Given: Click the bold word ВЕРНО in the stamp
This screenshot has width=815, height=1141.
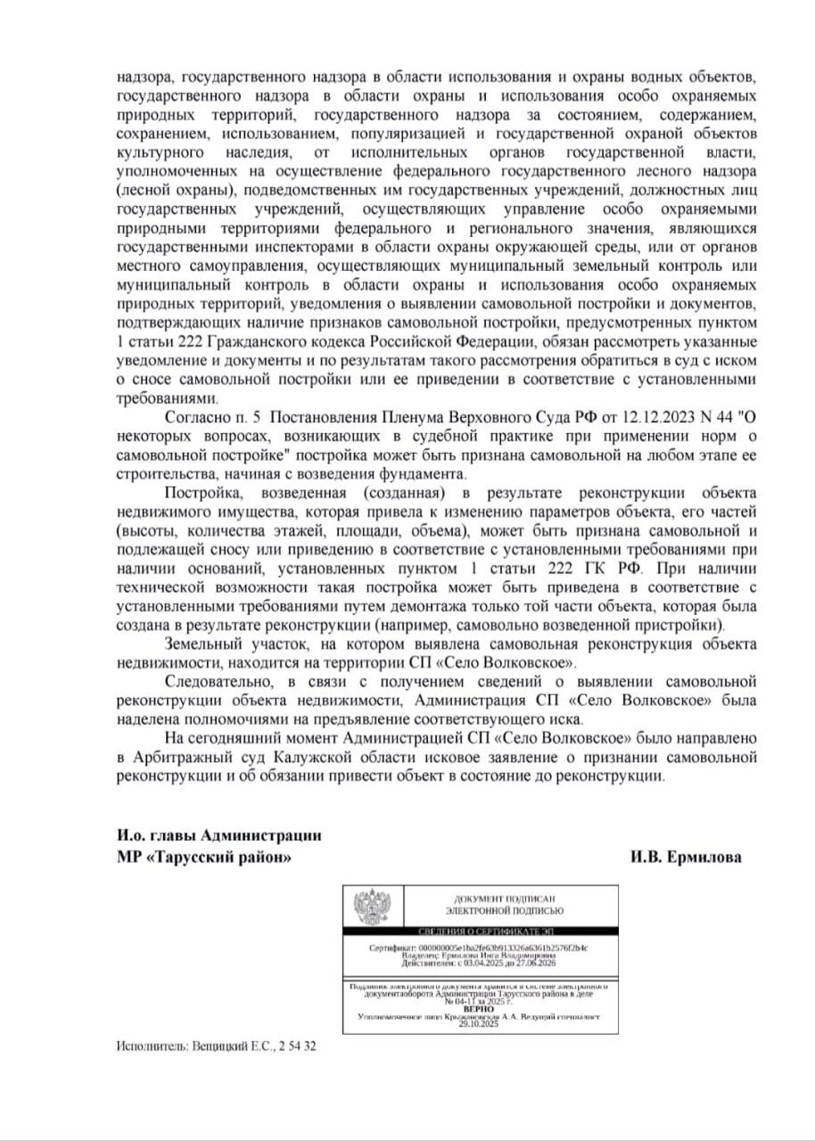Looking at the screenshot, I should pos(479,1007).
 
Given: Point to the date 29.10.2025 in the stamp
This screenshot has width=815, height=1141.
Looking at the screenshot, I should pos(479,1025).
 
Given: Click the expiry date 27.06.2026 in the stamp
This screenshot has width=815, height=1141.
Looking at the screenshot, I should pos(532,963).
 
